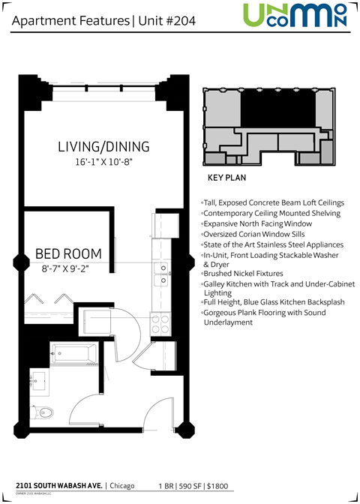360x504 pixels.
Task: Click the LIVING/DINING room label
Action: pos(103,146)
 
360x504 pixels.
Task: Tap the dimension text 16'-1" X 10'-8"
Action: pos(103,161)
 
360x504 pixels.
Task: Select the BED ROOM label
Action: pos(68,253)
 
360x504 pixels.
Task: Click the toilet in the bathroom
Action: pos(46,411)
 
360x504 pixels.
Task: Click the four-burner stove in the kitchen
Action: pos(160,324)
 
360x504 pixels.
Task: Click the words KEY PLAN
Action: pos(226,179)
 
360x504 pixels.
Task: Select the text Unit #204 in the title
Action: pos(166,21)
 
